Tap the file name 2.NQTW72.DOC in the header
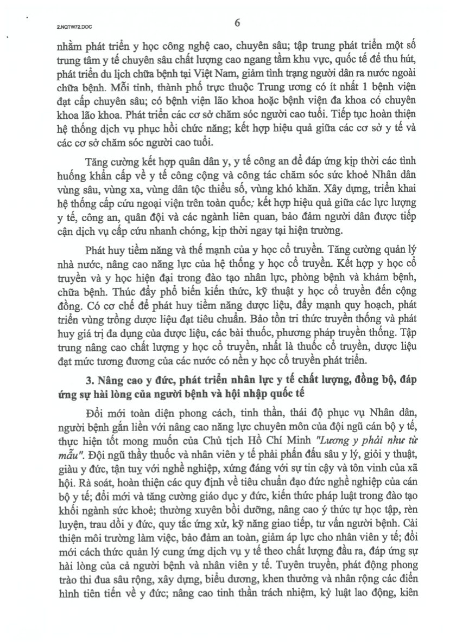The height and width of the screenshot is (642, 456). pyautogui.click(x=67, y=25)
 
